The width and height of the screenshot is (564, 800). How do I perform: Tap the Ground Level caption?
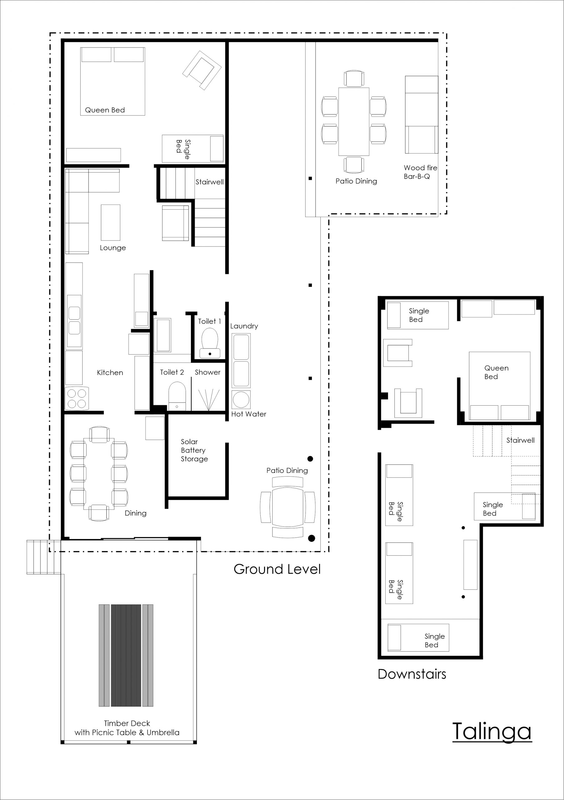(x=277, y=569)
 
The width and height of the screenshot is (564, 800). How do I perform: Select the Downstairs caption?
(x=412, y=674)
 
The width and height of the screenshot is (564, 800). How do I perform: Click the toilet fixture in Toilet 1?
(x=210, y=343)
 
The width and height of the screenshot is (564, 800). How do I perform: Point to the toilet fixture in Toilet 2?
(x=177, y=396)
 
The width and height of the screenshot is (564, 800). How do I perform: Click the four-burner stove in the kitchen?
(x=77, y=398)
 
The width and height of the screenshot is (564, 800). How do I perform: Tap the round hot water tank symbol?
(x=241, y=399)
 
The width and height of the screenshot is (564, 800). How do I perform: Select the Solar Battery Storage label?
(x=194, y=450)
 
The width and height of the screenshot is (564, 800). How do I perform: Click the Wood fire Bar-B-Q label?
(x=421, y=172)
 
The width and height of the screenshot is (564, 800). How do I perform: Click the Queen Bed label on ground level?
(x=105, y=110)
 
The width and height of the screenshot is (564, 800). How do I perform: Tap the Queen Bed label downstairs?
(x=497, y=372)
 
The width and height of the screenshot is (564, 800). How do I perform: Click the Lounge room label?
(x=113, y=248)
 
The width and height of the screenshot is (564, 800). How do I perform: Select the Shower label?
(x=207, y=372)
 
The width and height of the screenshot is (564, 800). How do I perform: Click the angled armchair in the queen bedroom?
(x=202, y=70)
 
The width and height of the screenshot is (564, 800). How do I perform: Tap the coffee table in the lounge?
(x=110, y=222)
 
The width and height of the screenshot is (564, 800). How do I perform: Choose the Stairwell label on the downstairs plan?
(x=520, y=440)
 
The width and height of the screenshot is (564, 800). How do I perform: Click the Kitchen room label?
(x=110, y=372)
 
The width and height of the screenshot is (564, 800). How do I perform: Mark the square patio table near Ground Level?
(x=288, y=507)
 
